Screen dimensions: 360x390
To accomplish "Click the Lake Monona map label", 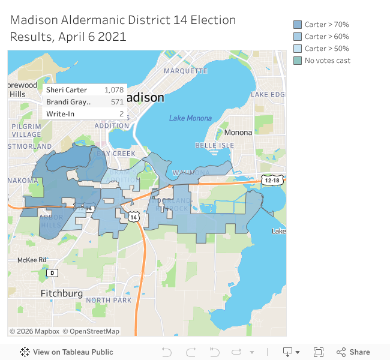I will click(190, 118).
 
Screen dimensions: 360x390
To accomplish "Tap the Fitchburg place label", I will click(61, 293).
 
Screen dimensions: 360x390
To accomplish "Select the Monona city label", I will click(238, 132).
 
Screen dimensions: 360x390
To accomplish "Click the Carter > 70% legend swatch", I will click(298, 25).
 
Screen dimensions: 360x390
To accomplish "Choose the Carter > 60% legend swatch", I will click(298, 37).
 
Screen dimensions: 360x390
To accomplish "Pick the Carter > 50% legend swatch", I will click(298, 49).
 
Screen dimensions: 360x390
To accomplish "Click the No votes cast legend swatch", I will click(298, 61).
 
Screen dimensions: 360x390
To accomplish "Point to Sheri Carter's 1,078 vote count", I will click(113, 90).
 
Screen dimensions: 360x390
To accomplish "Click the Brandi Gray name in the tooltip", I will click(68, 102).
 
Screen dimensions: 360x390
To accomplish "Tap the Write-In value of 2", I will click(121, 114).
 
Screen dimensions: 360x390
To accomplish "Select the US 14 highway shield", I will click(133, 217).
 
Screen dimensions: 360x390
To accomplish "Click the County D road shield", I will click(52, 273).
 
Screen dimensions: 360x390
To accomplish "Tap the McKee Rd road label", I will click(32, 260).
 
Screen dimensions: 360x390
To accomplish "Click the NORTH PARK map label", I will click(109, 300).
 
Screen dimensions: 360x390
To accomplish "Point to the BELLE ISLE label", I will click(214, 146).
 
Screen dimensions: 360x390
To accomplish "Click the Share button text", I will click(359, 352).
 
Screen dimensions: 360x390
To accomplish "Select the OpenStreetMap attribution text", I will click(95, 331).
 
